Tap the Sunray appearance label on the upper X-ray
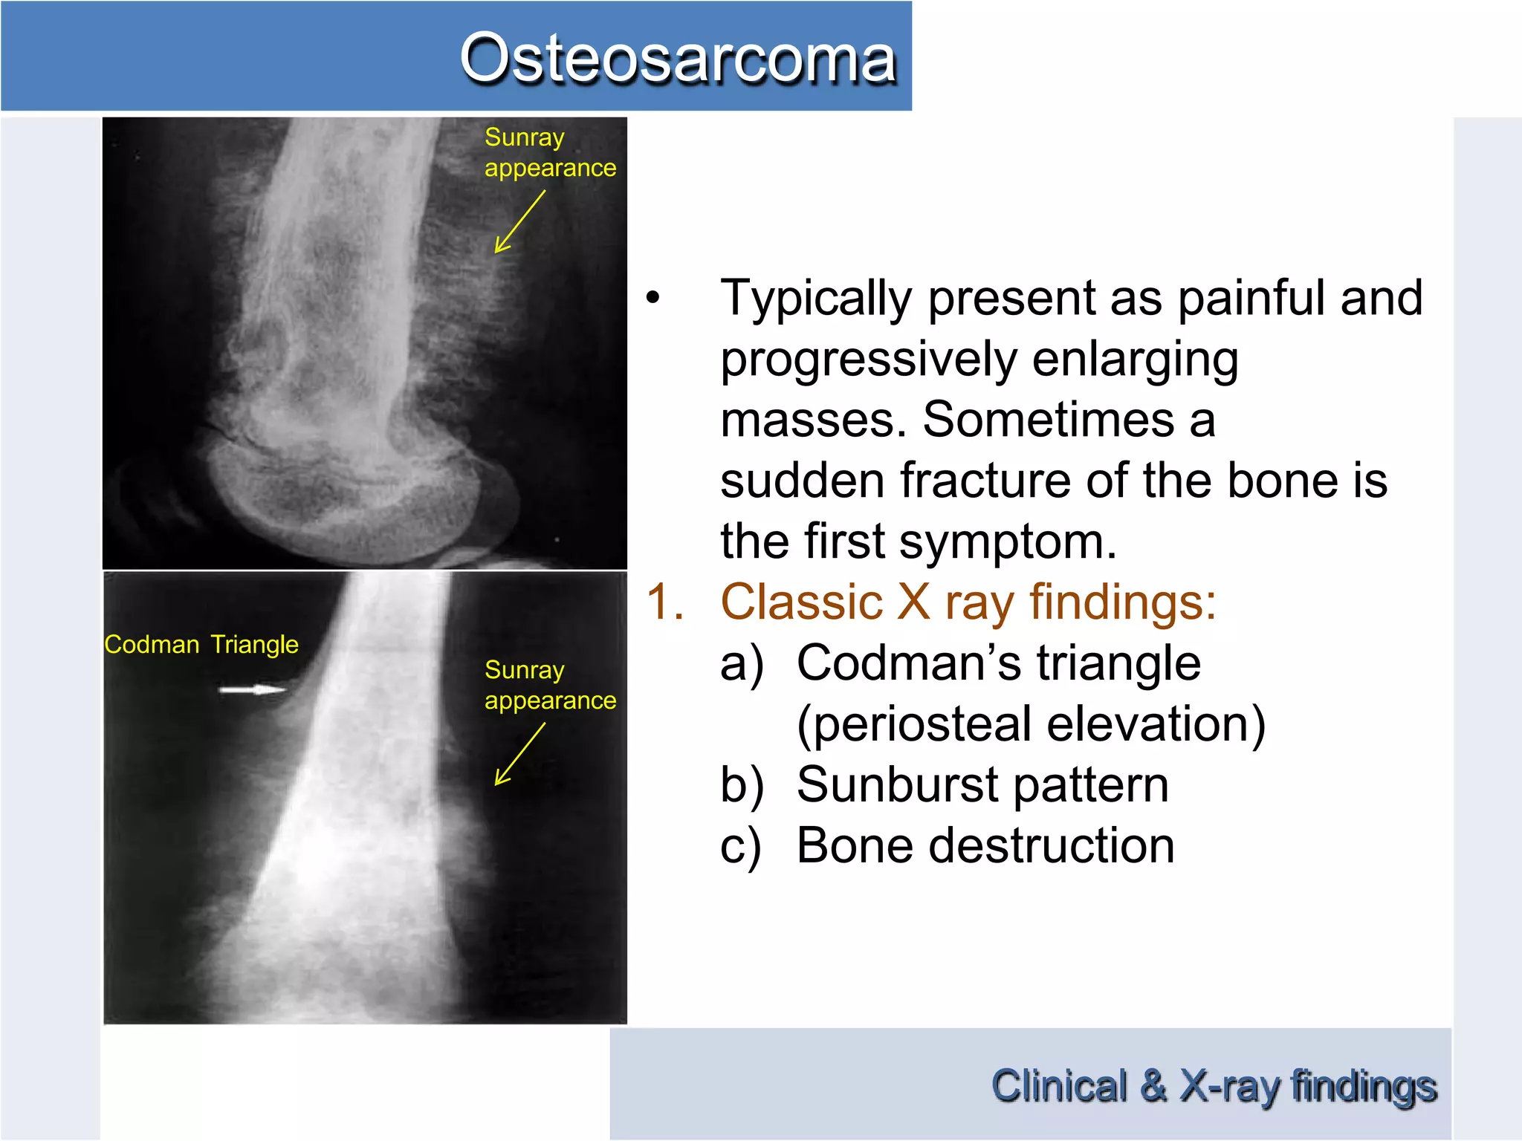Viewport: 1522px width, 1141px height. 549,152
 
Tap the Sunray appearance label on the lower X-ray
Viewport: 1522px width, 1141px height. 549,685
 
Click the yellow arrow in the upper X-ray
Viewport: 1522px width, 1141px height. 519,221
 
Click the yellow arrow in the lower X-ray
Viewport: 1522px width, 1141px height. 519,754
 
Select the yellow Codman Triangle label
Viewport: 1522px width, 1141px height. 201,644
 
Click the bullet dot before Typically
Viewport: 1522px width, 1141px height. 652,299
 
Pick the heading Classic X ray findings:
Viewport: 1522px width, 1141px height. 968,602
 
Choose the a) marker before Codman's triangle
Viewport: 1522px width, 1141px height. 741,663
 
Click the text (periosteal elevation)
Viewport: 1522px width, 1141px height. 1031,724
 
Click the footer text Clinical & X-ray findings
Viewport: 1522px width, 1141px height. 1213,1086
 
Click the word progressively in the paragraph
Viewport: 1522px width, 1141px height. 868,360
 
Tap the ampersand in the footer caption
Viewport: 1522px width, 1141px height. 1153,1086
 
